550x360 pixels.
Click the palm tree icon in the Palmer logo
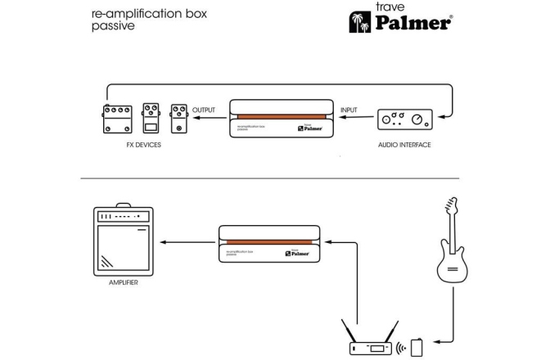click(359, 21)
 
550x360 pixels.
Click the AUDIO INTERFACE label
click(403, 145)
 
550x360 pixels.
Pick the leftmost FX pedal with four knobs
click(116, 120)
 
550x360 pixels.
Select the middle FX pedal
click(151, 119)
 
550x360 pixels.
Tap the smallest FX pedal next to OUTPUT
click(178, 119)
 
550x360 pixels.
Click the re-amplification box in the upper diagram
click(280, 119)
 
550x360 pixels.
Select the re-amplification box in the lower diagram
click(269, 245)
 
